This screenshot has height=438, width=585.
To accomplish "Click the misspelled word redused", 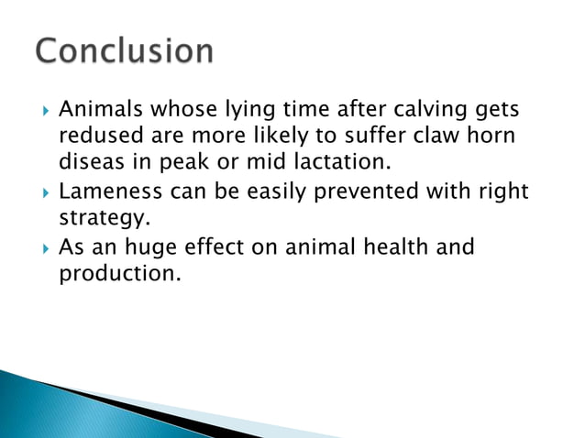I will (96, 137).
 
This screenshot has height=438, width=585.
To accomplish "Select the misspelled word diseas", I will (92, 165).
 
